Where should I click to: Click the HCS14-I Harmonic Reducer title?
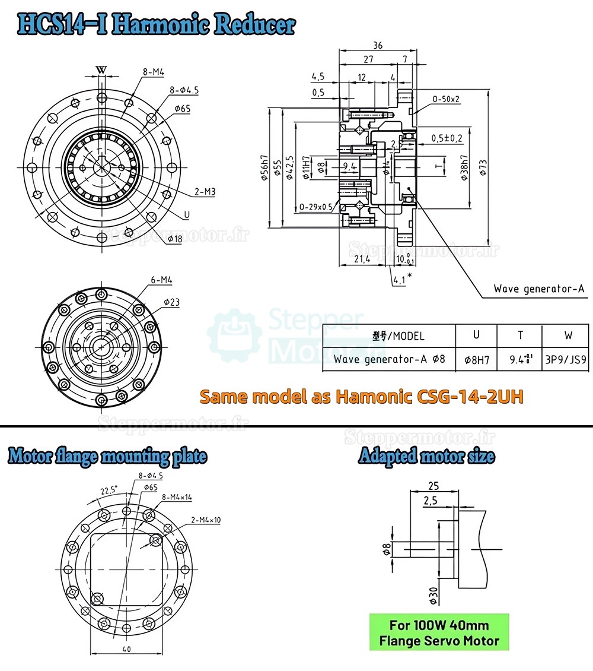pyautogui.click(x=157, y=24)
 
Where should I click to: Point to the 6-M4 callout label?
pyautogui.click(x=161, y=279)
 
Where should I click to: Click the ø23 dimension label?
pyautogui.click(x=171, y=302)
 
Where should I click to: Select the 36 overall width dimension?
pyautogui.click(x=377, y=45)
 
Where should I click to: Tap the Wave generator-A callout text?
pyautogui.click(x=539, y=289)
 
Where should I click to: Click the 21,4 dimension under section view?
pyautogui.click(x=362, y=259)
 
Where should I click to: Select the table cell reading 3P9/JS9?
pyautogui.click(x=568, y=359)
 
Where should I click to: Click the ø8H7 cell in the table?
pyautogui.click(x=476, y=359)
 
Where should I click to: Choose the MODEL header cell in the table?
pyautogui.click(x=398, y=335)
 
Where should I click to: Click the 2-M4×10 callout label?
pyautogui.click(x=206, y=520)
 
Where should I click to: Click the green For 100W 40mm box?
pyautogui.click(x=439, y=632)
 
